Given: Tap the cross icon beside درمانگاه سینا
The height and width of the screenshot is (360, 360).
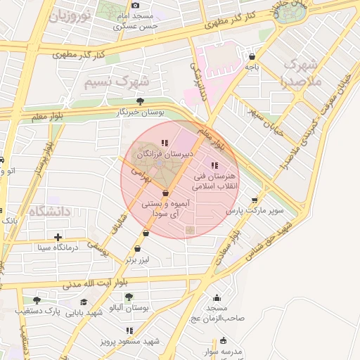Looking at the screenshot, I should pyautogui.click(x=58, y=237).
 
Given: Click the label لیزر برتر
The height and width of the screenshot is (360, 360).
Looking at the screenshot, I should pyautogui.click(x=139, y=259).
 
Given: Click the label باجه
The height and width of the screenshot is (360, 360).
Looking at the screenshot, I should pyautogui.click(x=252, y=67).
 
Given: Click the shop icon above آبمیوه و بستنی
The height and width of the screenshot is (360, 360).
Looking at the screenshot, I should pyautogui.click(x=165, y=193).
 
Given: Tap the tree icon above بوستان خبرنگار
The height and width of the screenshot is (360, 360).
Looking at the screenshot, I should pyautogui.click(x=141, y=101).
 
